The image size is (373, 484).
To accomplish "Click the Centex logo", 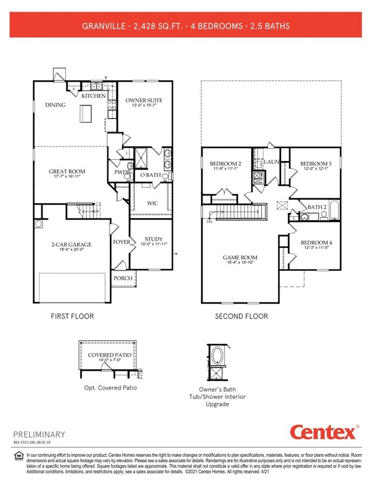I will (324, 432).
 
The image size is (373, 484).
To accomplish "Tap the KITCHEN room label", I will (93, 96).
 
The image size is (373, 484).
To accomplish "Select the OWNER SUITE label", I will (144, 101).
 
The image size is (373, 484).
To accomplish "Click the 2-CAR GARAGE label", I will (71, 244).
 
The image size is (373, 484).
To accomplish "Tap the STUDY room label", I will (153, 239).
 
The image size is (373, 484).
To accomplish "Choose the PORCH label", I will (123, 278).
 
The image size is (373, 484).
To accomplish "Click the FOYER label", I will (121, 242).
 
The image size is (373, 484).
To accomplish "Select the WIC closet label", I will (153, 203).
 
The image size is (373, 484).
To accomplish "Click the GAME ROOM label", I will (241, 258).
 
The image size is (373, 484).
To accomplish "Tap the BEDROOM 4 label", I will (319, 243).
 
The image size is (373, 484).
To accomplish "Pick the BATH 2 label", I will (317, 207).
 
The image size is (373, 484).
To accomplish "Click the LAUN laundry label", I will (271, 162).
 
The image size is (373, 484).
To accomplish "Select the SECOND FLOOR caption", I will (241, 316).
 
